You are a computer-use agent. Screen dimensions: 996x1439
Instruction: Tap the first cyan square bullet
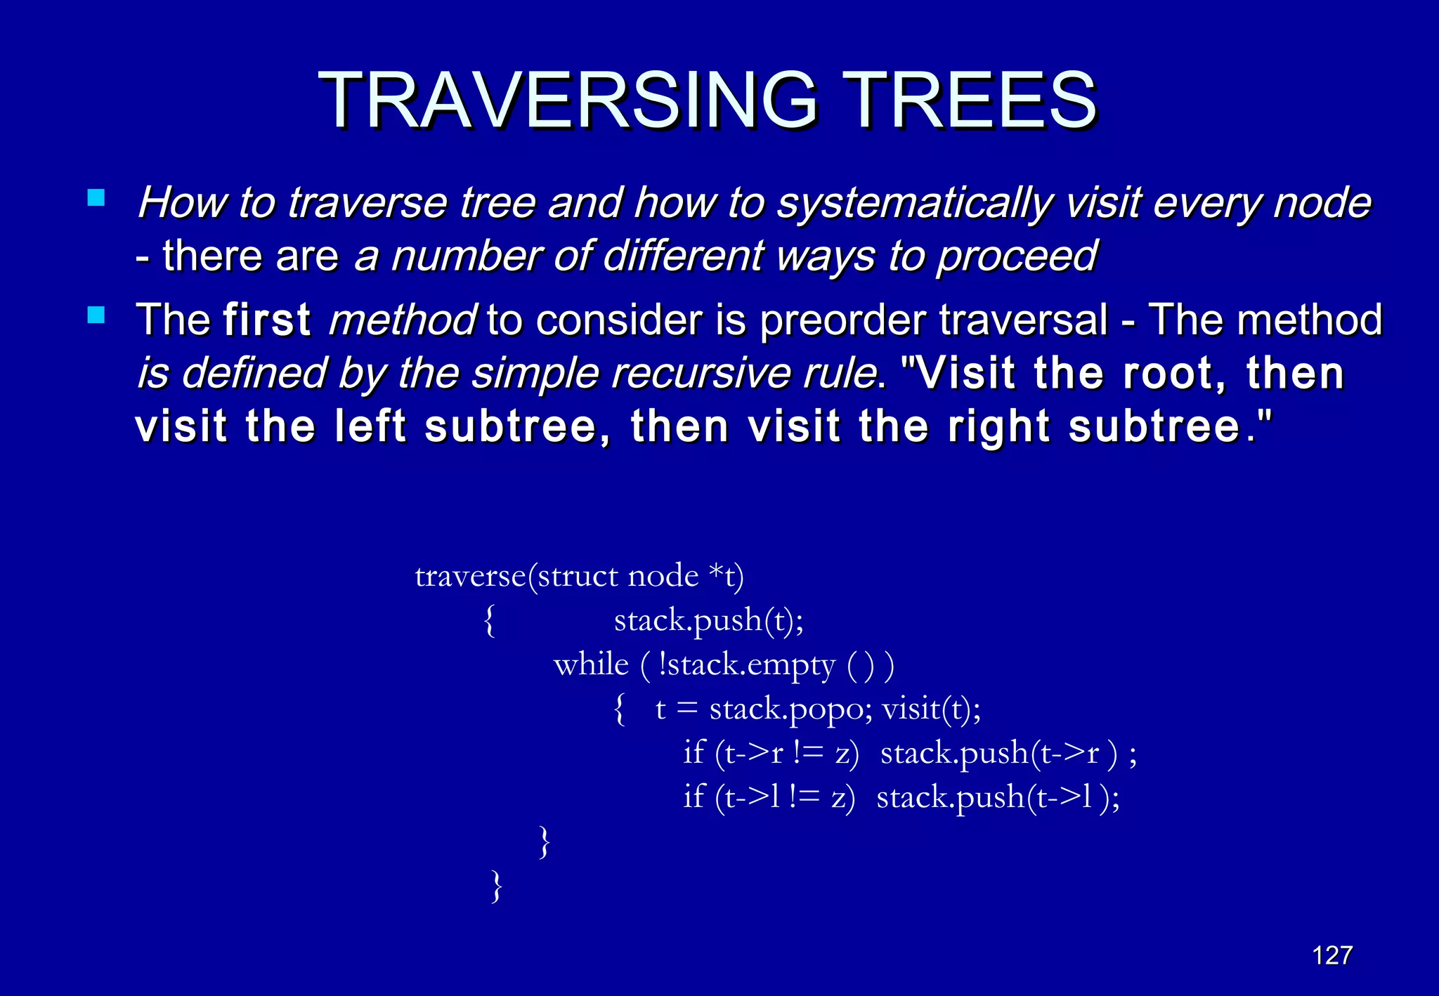[96, 197]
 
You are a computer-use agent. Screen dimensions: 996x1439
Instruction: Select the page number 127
[1332, 955]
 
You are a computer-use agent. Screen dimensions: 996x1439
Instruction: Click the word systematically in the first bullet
[916, 204]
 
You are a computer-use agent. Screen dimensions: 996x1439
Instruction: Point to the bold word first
[267, 320]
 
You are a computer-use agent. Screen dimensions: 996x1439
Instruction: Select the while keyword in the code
[591, 664]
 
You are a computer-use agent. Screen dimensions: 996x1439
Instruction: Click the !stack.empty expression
[747, 664]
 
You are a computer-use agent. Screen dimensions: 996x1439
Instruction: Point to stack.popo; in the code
[790, 709]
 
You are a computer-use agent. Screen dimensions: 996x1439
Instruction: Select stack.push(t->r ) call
[998, 753]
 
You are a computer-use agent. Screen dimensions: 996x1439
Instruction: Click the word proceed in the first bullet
[1017, 256]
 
